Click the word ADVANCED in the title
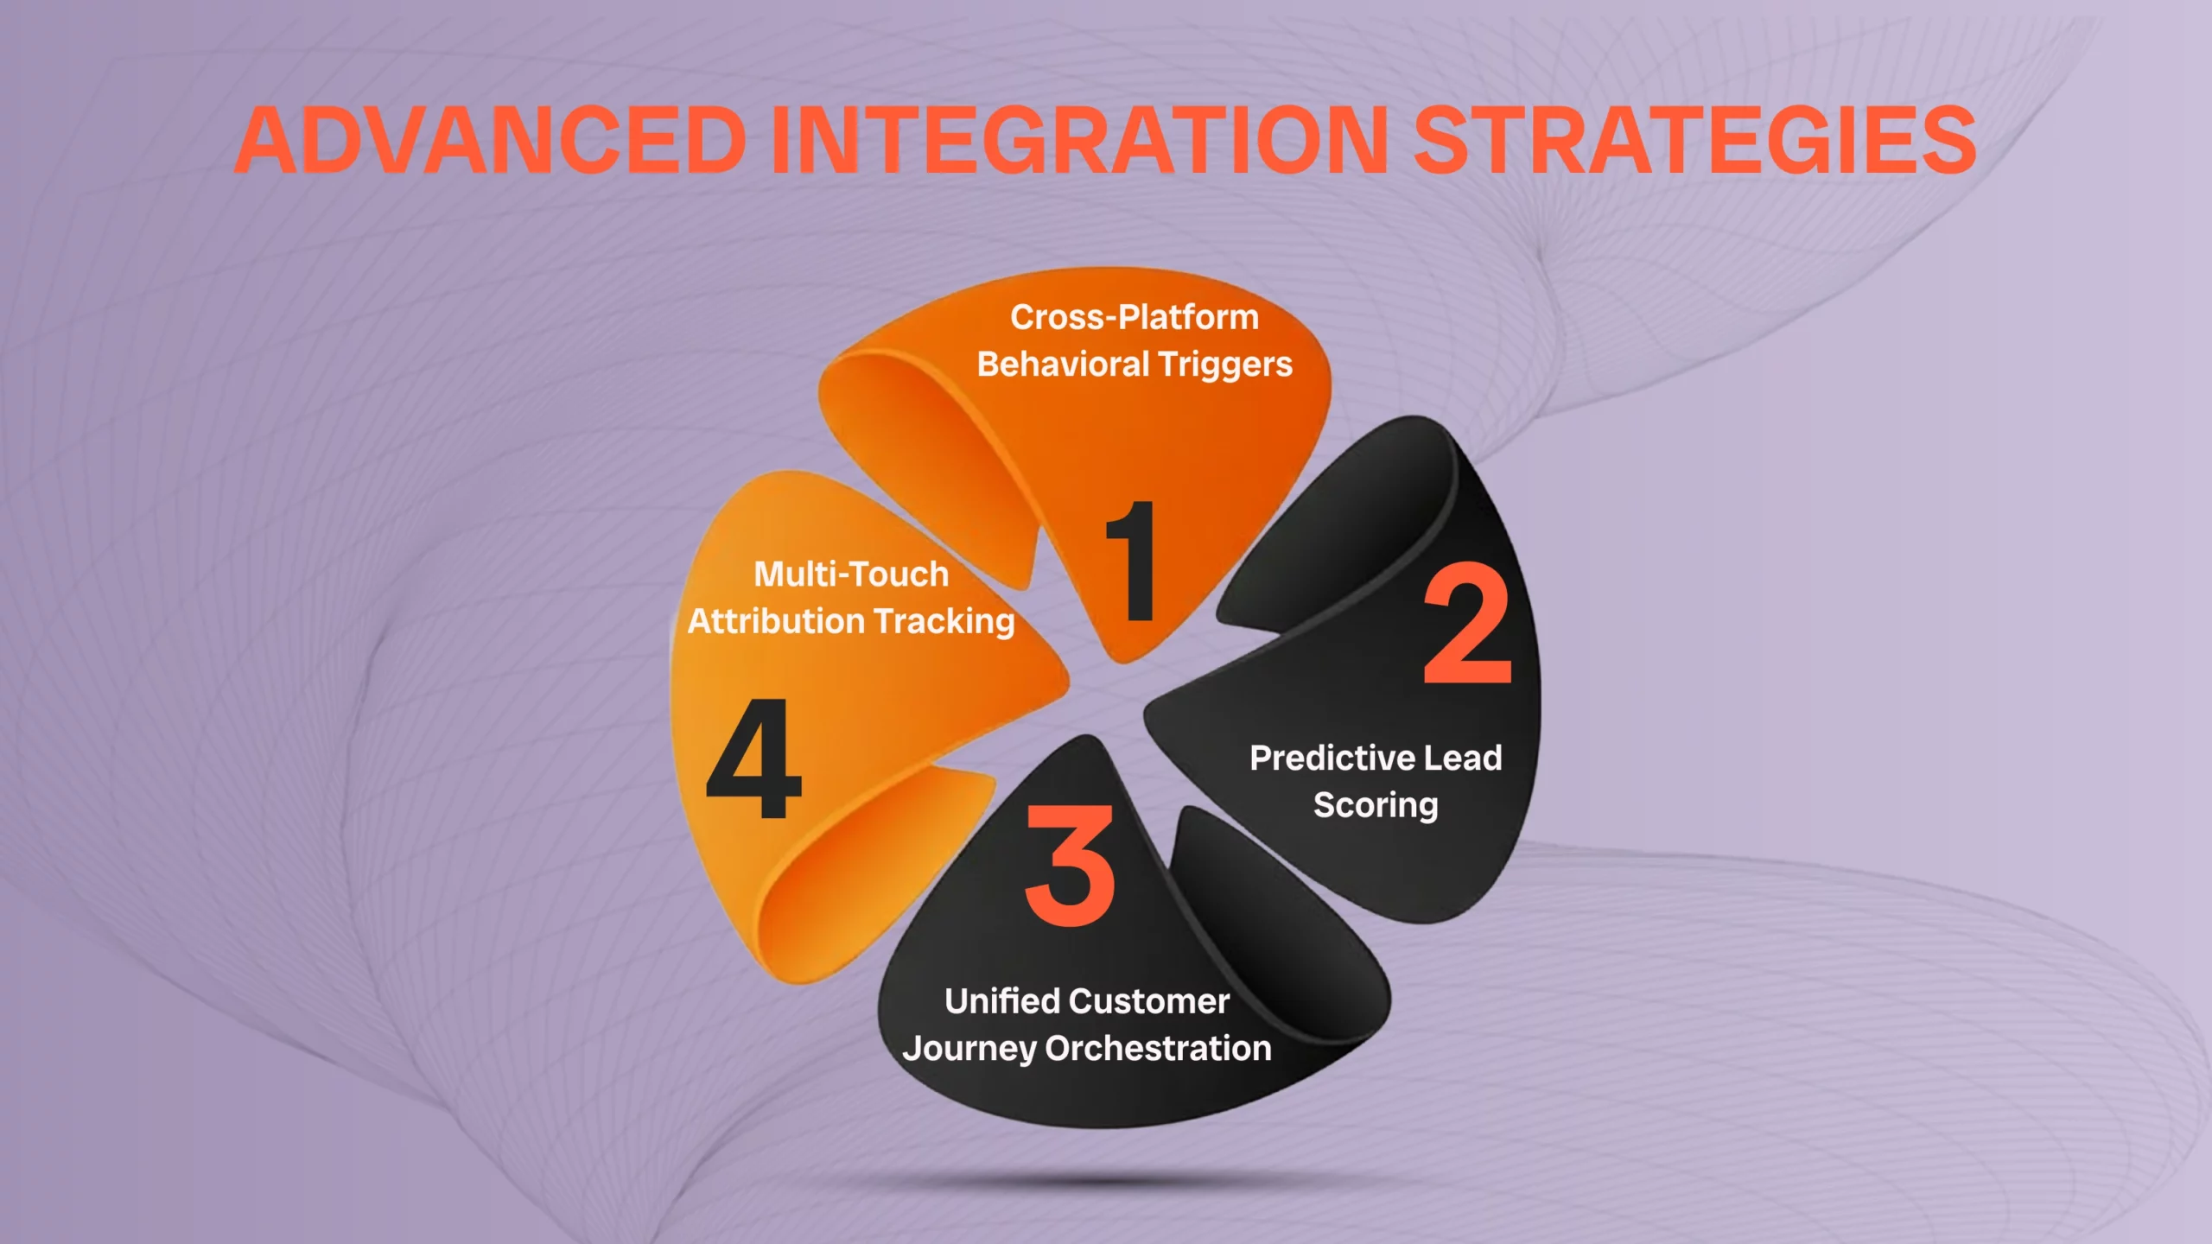490,140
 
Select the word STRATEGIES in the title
1694,140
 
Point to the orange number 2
1467,623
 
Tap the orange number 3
1071,865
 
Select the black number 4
753,759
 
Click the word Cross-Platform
1135,317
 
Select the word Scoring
1376,805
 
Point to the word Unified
1001,1001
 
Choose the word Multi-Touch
851,574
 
